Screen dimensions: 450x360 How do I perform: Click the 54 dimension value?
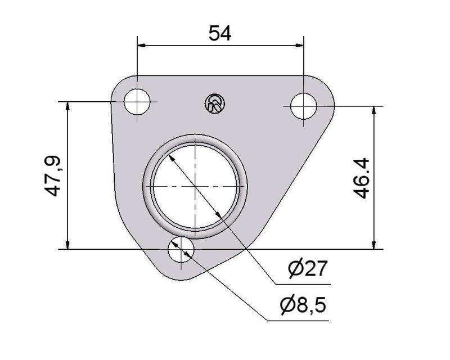tap(220, 33)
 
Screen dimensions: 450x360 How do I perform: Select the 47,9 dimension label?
tap(52, 175)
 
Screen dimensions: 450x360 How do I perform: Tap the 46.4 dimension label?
tap(361, 178)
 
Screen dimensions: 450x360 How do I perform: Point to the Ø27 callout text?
tap(308, 268)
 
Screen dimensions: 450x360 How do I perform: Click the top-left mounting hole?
tap(137, 102)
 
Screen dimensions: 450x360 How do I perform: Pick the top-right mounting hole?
tap(304, 106)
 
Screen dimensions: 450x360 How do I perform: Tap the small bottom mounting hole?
tap(181, 249)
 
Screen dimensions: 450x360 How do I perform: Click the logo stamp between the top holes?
tap(215, 103)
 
